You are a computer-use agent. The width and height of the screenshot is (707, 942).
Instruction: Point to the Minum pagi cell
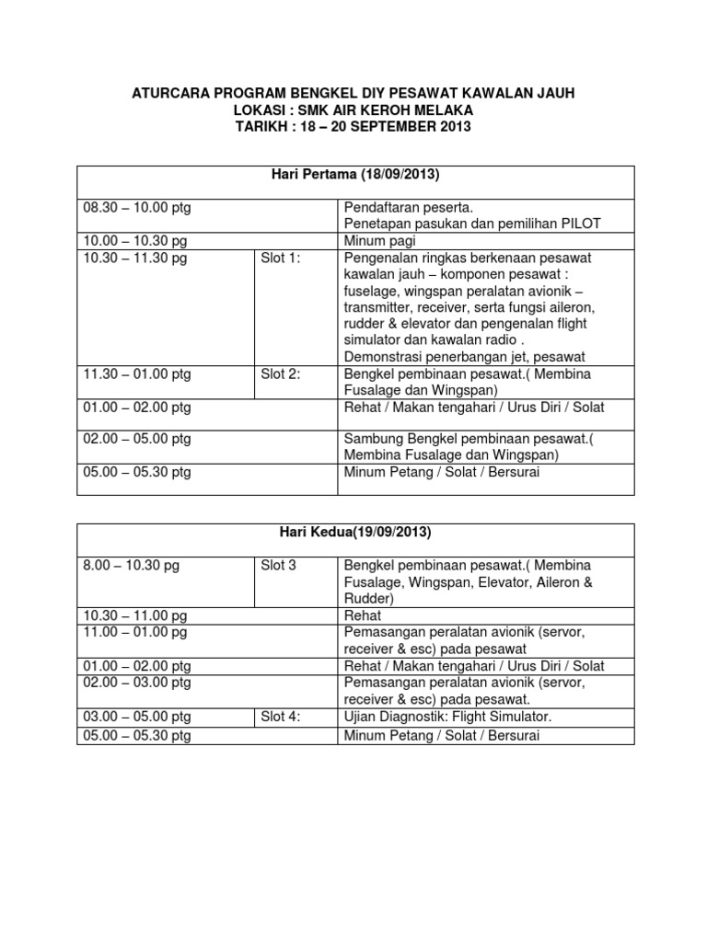[379, 242]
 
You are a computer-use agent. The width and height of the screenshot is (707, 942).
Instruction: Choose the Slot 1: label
[281, 258]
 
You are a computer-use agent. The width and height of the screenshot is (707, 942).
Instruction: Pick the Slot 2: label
[281, 374]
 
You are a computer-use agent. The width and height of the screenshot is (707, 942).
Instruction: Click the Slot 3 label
[279, 566]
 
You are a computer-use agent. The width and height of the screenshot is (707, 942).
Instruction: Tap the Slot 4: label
[281, 717]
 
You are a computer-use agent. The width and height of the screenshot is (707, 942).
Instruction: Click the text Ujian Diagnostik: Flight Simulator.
[447, 717]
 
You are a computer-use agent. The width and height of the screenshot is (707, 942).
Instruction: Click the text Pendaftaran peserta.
[408, 209]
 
